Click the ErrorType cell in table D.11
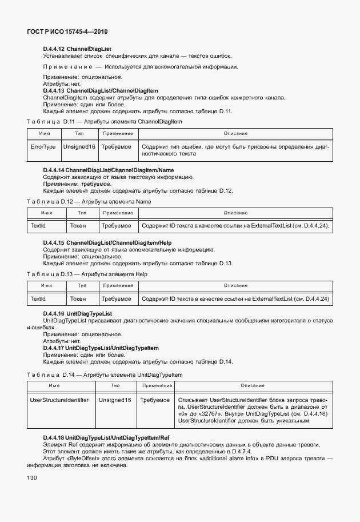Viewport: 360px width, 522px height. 43,147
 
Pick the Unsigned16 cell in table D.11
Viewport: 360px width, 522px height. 79,147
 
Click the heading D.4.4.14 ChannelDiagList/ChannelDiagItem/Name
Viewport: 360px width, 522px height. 108,170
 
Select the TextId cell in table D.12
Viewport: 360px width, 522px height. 38,226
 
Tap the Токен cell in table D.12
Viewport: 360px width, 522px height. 78,226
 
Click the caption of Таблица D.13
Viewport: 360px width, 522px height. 87,274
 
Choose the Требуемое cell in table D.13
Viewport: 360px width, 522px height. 116,298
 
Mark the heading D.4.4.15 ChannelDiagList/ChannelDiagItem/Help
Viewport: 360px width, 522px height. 107,243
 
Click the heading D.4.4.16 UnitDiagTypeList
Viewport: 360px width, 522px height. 77,314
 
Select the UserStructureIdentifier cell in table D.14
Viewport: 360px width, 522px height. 59,400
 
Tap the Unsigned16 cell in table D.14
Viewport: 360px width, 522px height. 114,400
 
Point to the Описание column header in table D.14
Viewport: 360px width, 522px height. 252,386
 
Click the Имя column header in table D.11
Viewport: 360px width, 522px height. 44,133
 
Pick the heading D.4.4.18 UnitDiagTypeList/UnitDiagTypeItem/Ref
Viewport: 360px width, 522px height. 106,437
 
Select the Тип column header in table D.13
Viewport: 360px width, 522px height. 82,285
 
